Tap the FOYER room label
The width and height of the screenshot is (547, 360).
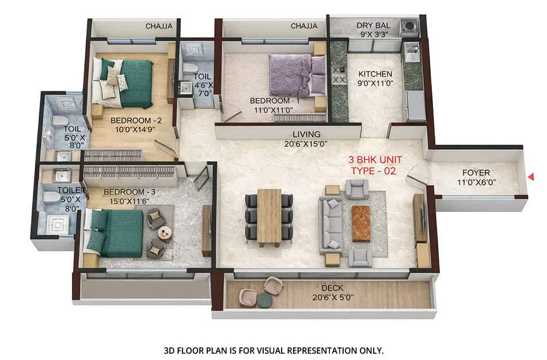pyautogui.click(x=476, y=172)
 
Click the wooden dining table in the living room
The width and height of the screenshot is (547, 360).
pyautogui.click(x=269, y=216)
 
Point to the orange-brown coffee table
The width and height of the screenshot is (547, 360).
pyautogui.click(x=361, y=223)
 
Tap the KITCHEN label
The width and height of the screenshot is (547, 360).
pyautogui.click(x=375, y=74)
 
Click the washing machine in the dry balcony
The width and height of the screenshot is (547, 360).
pyautogui.click(x=409, y=26)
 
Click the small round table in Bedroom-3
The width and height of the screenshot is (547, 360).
pyautogui.click(x=165, y=233)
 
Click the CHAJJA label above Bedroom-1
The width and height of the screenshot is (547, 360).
pyautogui.click(x=303, y=26)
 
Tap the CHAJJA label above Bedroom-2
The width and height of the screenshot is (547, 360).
pyautogui.click(x=158, y=26)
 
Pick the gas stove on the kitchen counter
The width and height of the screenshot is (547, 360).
pyautogui.click(x=339, y=75)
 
